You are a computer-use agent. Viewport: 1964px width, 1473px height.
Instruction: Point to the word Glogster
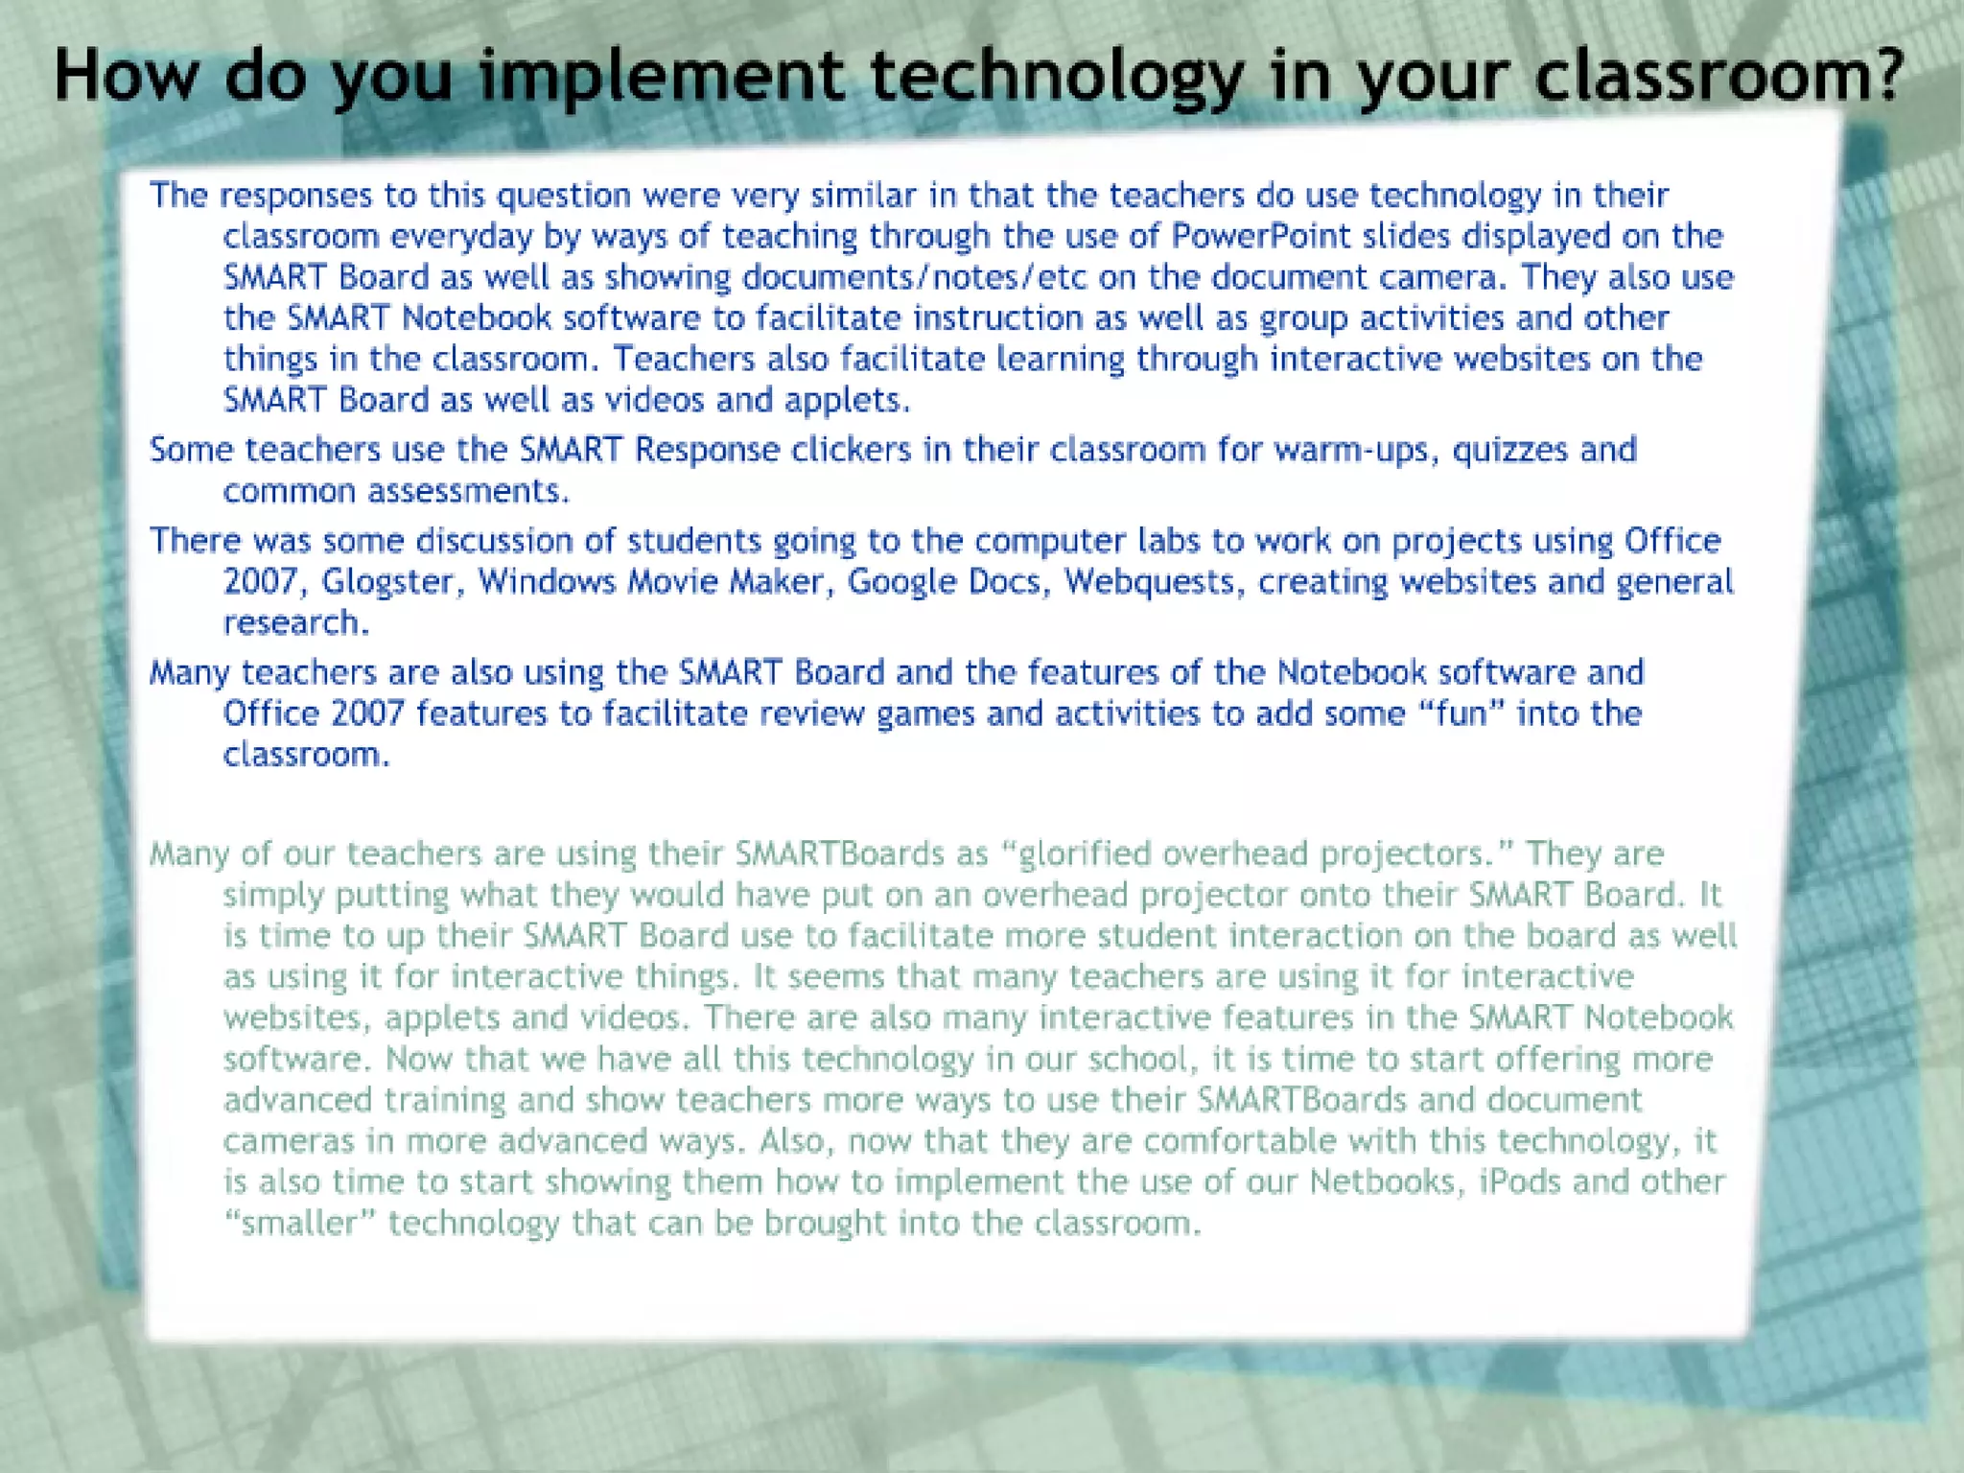coord(386,582)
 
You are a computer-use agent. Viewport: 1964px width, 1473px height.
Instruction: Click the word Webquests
coord(1149,582)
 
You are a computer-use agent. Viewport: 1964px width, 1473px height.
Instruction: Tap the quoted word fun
coord(1461,713)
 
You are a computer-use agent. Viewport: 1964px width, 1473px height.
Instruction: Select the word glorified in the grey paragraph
coord(1085,853)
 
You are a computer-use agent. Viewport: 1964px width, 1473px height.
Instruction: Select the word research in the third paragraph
coord(293,623)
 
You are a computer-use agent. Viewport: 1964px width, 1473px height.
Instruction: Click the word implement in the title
coord(663,77)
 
